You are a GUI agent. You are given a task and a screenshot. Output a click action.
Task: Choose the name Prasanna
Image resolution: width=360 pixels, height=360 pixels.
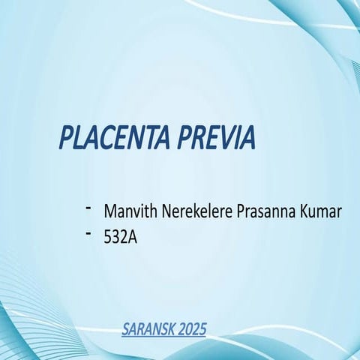click(x=265, y=212)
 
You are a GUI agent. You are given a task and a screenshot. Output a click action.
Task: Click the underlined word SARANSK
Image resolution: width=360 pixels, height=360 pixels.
click(x=148, y=328)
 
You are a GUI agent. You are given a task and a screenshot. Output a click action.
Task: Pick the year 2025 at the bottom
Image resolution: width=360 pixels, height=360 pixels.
click(x=192, y=328)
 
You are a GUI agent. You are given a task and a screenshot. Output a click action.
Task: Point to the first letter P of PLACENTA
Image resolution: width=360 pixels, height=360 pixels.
click(x=66, y=138)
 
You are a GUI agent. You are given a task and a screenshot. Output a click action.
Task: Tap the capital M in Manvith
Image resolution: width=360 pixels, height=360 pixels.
click(x=111, y=212)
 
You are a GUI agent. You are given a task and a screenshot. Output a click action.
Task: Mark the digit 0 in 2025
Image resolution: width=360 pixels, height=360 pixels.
click(x=189, y=328)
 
